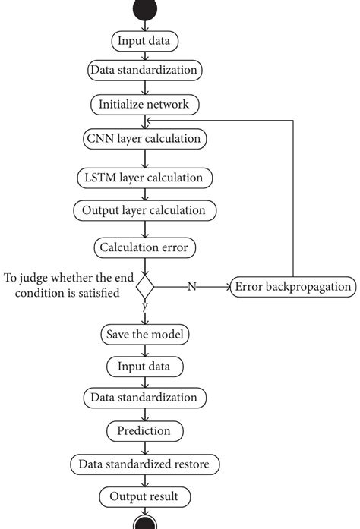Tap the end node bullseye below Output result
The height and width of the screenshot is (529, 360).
click(x=144, y=522)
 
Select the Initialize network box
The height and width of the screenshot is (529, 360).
click(x=144, y=103)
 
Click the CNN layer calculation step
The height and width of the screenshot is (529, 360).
click(x=144, y=139)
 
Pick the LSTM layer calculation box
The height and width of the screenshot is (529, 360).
click(x=144, y=178)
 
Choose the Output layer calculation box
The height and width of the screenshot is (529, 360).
click(x=144, y=209)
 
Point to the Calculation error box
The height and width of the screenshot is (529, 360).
click(x=144, y=247)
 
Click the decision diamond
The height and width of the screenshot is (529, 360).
click(x=144, y=287)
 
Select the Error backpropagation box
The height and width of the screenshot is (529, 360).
click(x=292, y=287)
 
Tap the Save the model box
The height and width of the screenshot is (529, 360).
click(x=144, y=333)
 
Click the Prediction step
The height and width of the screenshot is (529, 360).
click(x=144, y=430)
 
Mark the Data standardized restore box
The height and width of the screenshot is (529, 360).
click(x=144, y=463)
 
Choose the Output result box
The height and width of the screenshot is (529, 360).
click(x=144, y=496)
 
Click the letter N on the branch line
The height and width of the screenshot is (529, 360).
click(x=193, y=287)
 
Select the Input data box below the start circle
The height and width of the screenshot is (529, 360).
click(x=144, y=39)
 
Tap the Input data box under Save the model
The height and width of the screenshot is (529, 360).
click(x=144, y=366)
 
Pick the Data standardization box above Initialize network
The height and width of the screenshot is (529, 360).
click(x=144, y=71)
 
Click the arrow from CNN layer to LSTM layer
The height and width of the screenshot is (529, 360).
click(x=144, y=158)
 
